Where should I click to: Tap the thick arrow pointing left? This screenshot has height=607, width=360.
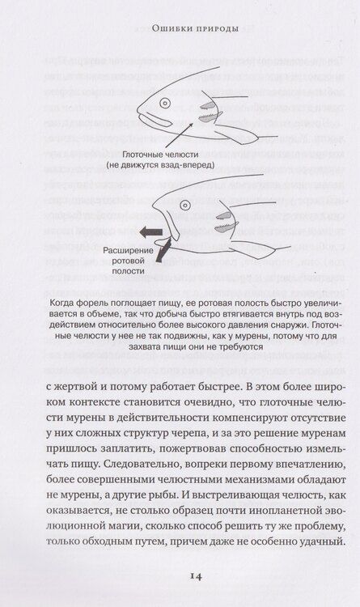(149, 232)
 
